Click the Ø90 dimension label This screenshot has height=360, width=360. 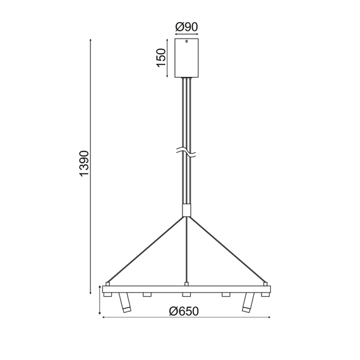pos(186,27)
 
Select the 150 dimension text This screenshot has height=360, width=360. pos(162,57)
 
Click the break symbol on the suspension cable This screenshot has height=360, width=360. pos(186,152)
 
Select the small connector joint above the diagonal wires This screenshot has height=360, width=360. pos(186,210)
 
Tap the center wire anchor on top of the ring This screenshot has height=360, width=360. pos(186,282)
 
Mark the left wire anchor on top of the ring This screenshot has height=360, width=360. pos(107,282)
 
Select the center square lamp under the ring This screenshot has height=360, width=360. pos(186,294)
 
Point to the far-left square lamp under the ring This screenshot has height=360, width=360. pos(109,294)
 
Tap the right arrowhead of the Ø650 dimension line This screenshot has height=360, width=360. pos(268,317)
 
